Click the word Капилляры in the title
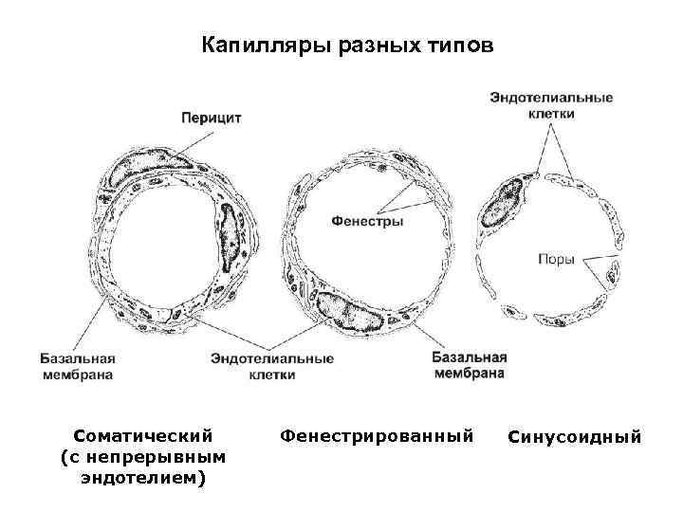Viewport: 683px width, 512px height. (x=251, y=46)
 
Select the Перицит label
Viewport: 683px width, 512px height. (x=211, y=118)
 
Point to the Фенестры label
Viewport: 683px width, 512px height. (x=367, y=222)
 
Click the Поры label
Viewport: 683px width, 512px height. (x=556, y=259)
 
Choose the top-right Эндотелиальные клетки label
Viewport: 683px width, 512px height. (x=550, y=105)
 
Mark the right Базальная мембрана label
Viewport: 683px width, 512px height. (x=469, y=365)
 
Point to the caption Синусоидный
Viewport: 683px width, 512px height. (x=575, y=437)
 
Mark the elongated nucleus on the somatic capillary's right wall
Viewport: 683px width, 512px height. (x=231, y=246)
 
